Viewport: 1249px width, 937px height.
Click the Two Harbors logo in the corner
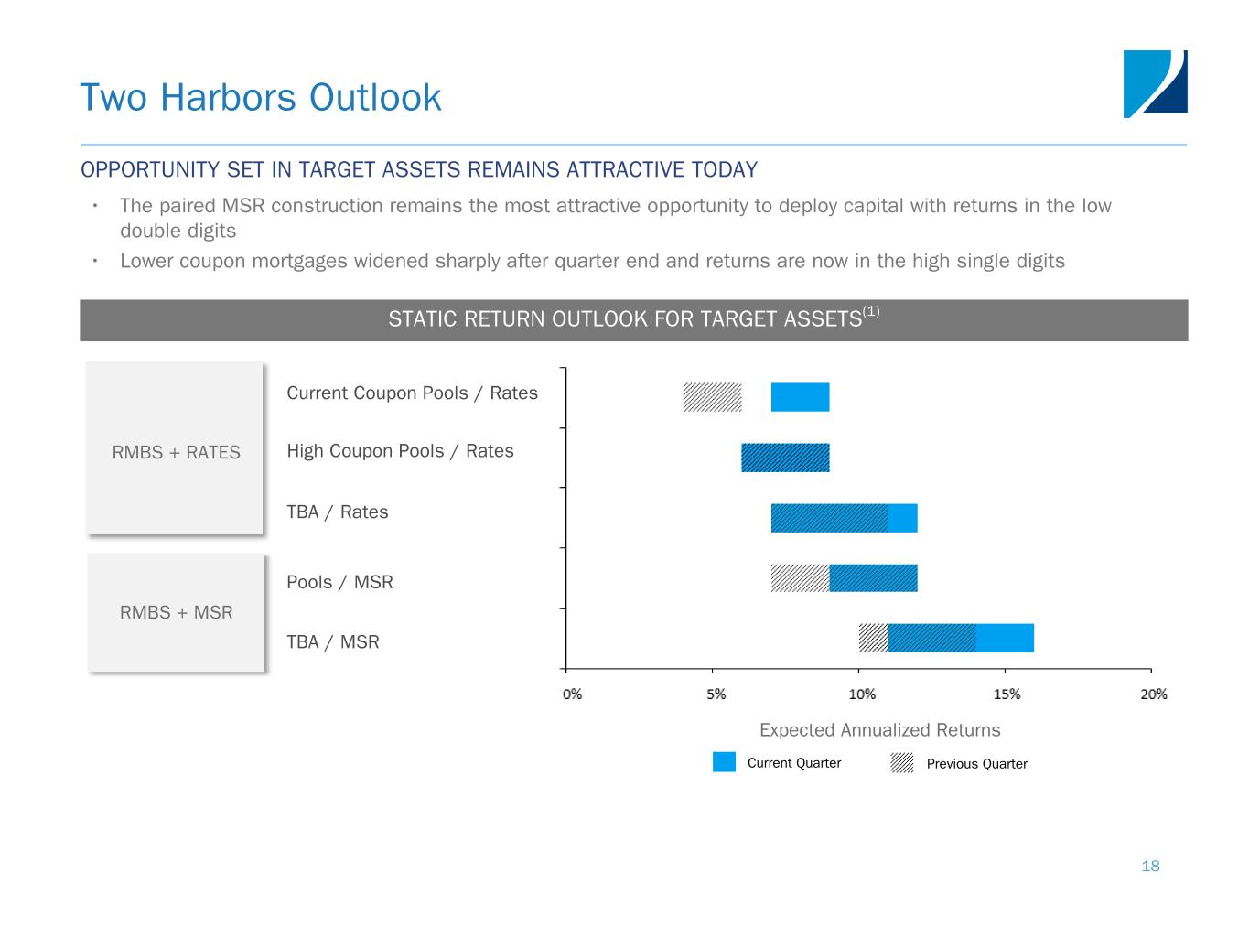pyautogui.click(x=1155, y=83)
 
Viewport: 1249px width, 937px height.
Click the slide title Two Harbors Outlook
pyautogui.click(x=261, y=97)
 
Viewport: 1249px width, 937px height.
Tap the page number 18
pyautogui.click(x=1150, y=866)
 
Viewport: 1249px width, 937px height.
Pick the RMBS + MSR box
pyautogui.click(x=176, y=612)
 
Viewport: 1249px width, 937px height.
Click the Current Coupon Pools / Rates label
pyautogui.click(x=412, y=393)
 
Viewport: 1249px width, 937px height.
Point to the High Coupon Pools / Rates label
pyautogui.click(x=400, y=451)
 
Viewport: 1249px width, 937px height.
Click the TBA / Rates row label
pyautogui.click(x=337, y=512)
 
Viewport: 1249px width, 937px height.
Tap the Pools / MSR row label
pyautogui.click(x=339, y=582)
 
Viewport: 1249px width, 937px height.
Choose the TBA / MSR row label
pyautogui.click(x=332, y=642)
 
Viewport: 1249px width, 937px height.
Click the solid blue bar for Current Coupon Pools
pyautogui.click(x=800, y=397)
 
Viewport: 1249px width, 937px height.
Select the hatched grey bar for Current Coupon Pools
pyautogui.click(x=712, y=397)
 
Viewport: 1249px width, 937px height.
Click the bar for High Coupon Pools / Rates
pyautogui.click(x=785, y=458)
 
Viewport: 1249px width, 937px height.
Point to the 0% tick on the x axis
pyautogui.click(x=572, y=695)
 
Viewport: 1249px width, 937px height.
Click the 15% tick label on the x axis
pyautogui.click(x=1007, y=695)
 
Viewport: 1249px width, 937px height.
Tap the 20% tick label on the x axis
pyautogui.click(x=1154, y=695)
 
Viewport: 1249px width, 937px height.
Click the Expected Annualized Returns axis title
pyautogui.click(x=879, y=730)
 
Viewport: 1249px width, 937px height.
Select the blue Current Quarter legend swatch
pyautogui.click(x=724, y=762)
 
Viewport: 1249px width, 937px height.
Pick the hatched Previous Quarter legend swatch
pyautogui.click(x=902, y=763)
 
